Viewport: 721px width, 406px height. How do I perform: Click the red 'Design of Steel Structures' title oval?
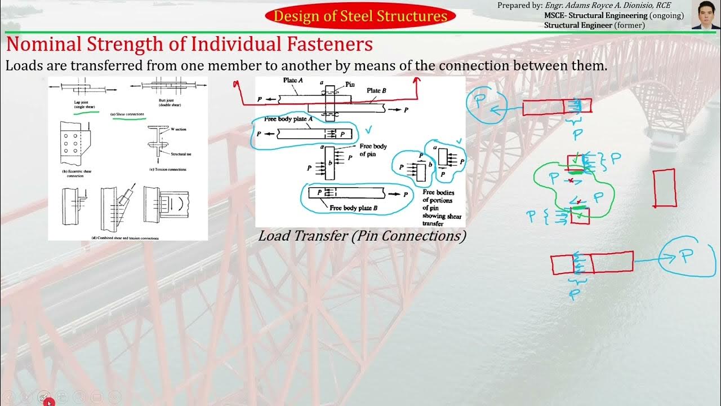[360, 16]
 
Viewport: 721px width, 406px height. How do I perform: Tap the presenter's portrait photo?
[706, 15]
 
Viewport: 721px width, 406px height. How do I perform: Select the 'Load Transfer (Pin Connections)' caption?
[362, 236]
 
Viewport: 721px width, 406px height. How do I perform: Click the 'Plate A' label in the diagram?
[293, 81]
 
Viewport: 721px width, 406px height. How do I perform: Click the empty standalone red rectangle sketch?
[664, 188]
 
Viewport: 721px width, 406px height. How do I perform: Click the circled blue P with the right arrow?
[686, 257]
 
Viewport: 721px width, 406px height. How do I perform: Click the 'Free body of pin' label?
[373, 149]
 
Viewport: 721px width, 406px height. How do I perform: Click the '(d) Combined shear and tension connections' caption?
[125, 238]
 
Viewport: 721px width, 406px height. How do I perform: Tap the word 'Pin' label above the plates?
[350, 84]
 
